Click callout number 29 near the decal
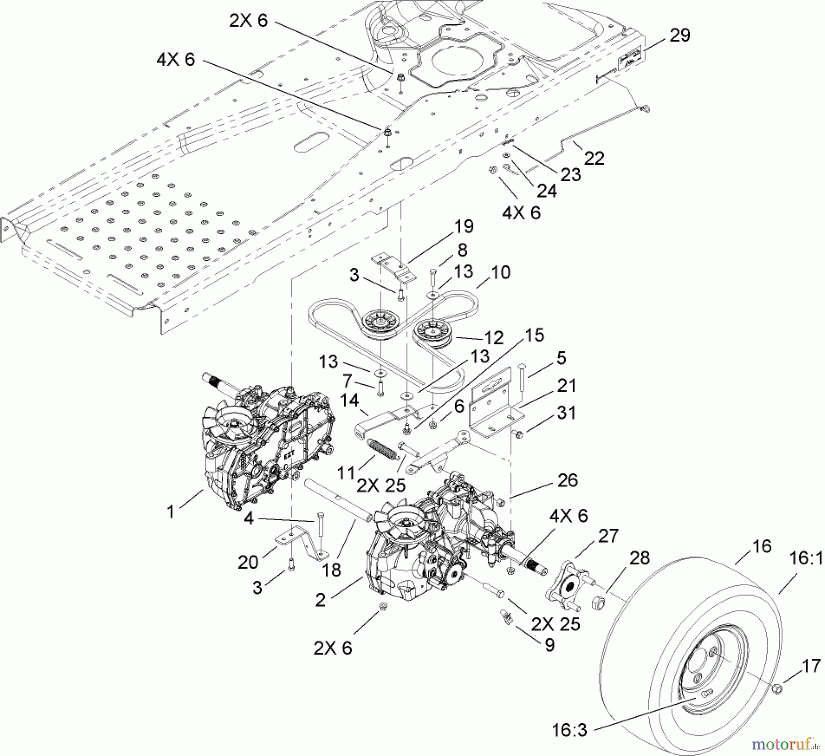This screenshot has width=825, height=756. coord(679,35)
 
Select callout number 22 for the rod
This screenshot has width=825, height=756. coord(594,158)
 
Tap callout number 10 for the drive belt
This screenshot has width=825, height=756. coord(500,272)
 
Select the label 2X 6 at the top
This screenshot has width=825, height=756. coord(248,20)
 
